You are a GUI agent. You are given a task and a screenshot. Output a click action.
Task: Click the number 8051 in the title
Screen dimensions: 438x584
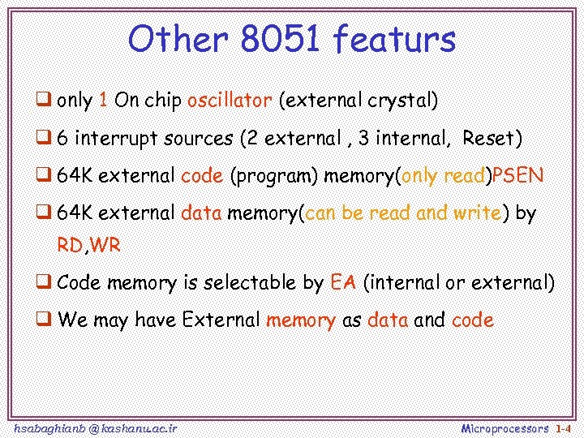click(x=278, y=39)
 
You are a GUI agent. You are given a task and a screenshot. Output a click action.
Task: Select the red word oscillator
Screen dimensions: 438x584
click(x=230, y=101)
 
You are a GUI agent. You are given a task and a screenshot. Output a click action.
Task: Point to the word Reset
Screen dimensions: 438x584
click(x=492, y=139)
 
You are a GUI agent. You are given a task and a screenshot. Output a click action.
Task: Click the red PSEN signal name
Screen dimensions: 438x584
click(x=518, y=176)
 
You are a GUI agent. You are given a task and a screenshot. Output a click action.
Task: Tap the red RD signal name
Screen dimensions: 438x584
click(x=71, y=246)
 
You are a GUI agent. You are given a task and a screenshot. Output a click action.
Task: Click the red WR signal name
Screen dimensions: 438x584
click(x=105, y=246)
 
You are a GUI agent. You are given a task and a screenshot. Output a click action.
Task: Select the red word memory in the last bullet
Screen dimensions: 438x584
click(x=300, y=320)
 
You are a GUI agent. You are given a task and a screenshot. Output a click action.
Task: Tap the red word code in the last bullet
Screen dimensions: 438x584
click(x=473, y=320)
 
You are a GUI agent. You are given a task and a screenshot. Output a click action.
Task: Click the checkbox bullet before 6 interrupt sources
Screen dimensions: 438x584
click(x=45, y=139)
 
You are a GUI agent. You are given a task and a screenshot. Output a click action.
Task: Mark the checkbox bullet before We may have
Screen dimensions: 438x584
click(x=45, y=320)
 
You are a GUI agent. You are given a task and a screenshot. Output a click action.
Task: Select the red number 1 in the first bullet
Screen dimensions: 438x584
click(x=103, y=101)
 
